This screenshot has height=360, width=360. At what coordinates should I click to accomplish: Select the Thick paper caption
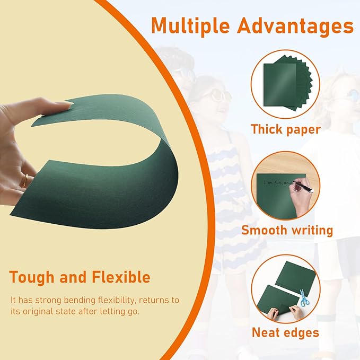(286, 129)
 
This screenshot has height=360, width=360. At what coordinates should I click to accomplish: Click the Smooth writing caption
(287, 230)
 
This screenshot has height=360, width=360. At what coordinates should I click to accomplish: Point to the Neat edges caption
(285, 332)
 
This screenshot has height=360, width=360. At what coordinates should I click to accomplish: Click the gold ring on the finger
(23, 181)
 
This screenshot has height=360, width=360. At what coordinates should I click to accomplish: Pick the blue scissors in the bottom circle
(304, 298)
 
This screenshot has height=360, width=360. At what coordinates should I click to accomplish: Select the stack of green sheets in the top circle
(286, 85)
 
